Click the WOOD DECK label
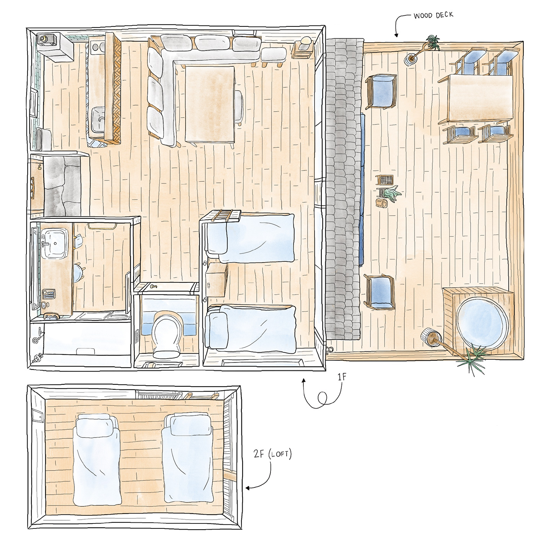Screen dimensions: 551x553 [433, 15]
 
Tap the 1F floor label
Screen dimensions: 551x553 [342, 377]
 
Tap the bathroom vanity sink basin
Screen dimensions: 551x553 [54, 244]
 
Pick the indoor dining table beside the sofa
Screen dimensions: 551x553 [210, 104]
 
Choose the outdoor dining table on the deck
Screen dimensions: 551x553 [480, 98]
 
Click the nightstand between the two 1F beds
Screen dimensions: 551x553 [216, 279]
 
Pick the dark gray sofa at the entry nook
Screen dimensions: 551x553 [62, 186]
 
